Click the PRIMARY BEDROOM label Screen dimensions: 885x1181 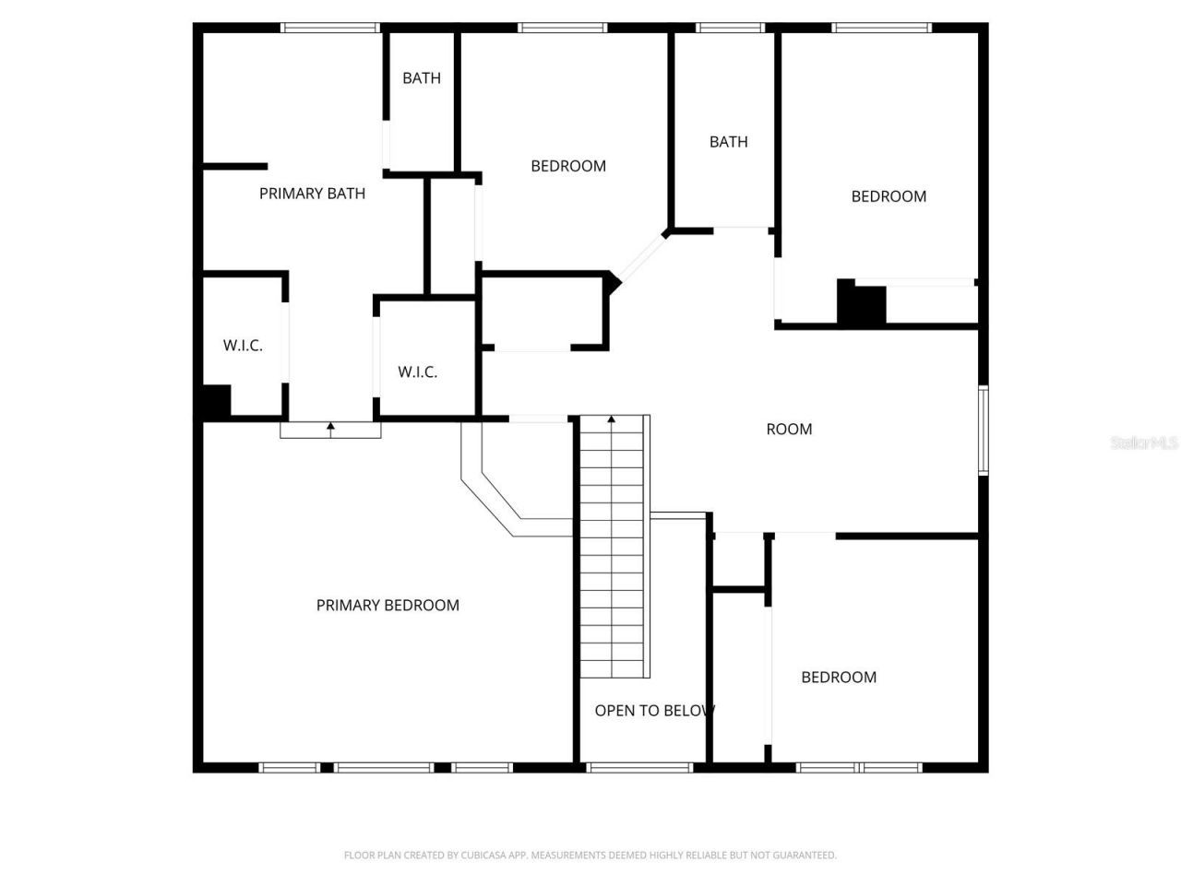(x=388, y=606)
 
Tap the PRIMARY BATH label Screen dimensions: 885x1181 (x=312, y=194)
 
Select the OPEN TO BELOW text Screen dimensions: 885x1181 (x=653, y=711)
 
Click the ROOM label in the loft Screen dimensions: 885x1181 (x=789, y=429)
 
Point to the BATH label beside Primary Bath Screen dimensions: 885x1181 (x=422, y=78)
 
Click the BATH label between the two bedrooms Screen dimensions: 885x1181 (x=728, y=142)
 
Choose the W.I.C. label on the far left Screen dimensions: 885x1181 (x=243, y=346)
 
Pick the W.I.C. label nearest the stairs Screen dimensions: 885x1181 (x=417, y=372)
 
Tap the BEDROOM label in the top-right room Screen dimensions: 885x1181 (x=889, y=196)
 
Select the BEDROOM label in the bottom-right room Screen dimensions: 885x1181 (x=839, y=678)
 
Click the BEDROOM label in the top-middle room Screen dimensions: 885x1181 (x=568, y=166)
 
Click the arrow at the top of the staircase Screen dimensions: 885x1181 (x=611, y=420)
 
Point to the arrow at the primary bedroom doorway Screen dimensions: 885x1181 (x=330, y=427)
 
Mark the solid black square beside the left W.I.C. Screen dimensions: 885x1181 (x=216, y=401)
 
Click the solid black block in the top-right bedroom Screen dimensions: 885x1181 (x=862, y=303)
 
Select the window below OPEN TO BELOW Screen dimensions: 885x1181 (x=639, y=767)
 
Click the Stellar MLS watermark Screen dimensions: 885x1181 (x=1143, y=443)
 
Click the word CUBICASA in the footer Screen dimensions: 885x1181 (x=485, y=855)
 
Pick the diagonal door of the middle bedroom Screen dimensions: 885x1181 (x=639, y=257)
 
